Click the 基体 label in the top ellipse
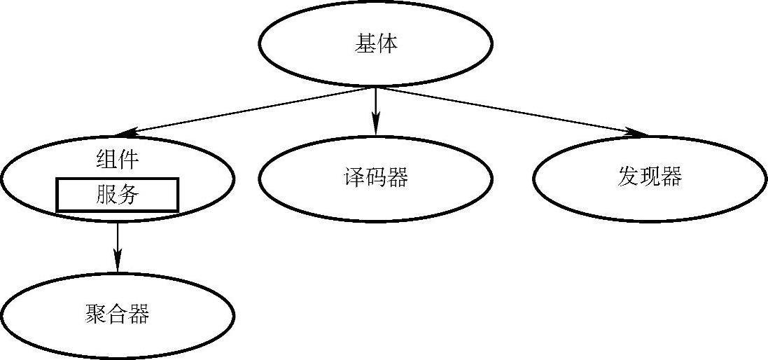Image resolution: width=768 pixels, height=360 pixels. click(x=376, y=44)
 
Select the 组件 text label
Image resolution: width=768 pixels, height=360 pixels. click(x=117, y=160)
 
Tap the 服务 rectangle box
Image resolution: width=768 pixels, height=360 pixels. click(x=117, y=195)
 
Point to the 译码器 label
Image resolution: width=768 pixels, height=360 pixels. click(x=375, y=178)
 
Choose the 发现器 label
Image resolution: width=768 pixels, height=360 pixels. click(x=650, y=176)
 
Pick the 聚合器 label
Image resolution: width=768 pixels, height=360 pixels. click(x=117, y=314)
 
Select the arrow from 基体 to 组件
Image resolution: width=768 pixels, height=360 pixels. click(x=245, y=111)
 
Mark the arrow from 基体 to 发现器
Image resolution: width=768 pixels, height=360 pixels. click(x=511, y=111)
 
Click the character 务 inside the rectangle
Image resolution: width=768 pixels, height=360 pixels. click(x=128, y=195)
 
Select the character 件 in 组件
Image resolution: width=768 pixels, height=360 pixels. click(x=128, y=160)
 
